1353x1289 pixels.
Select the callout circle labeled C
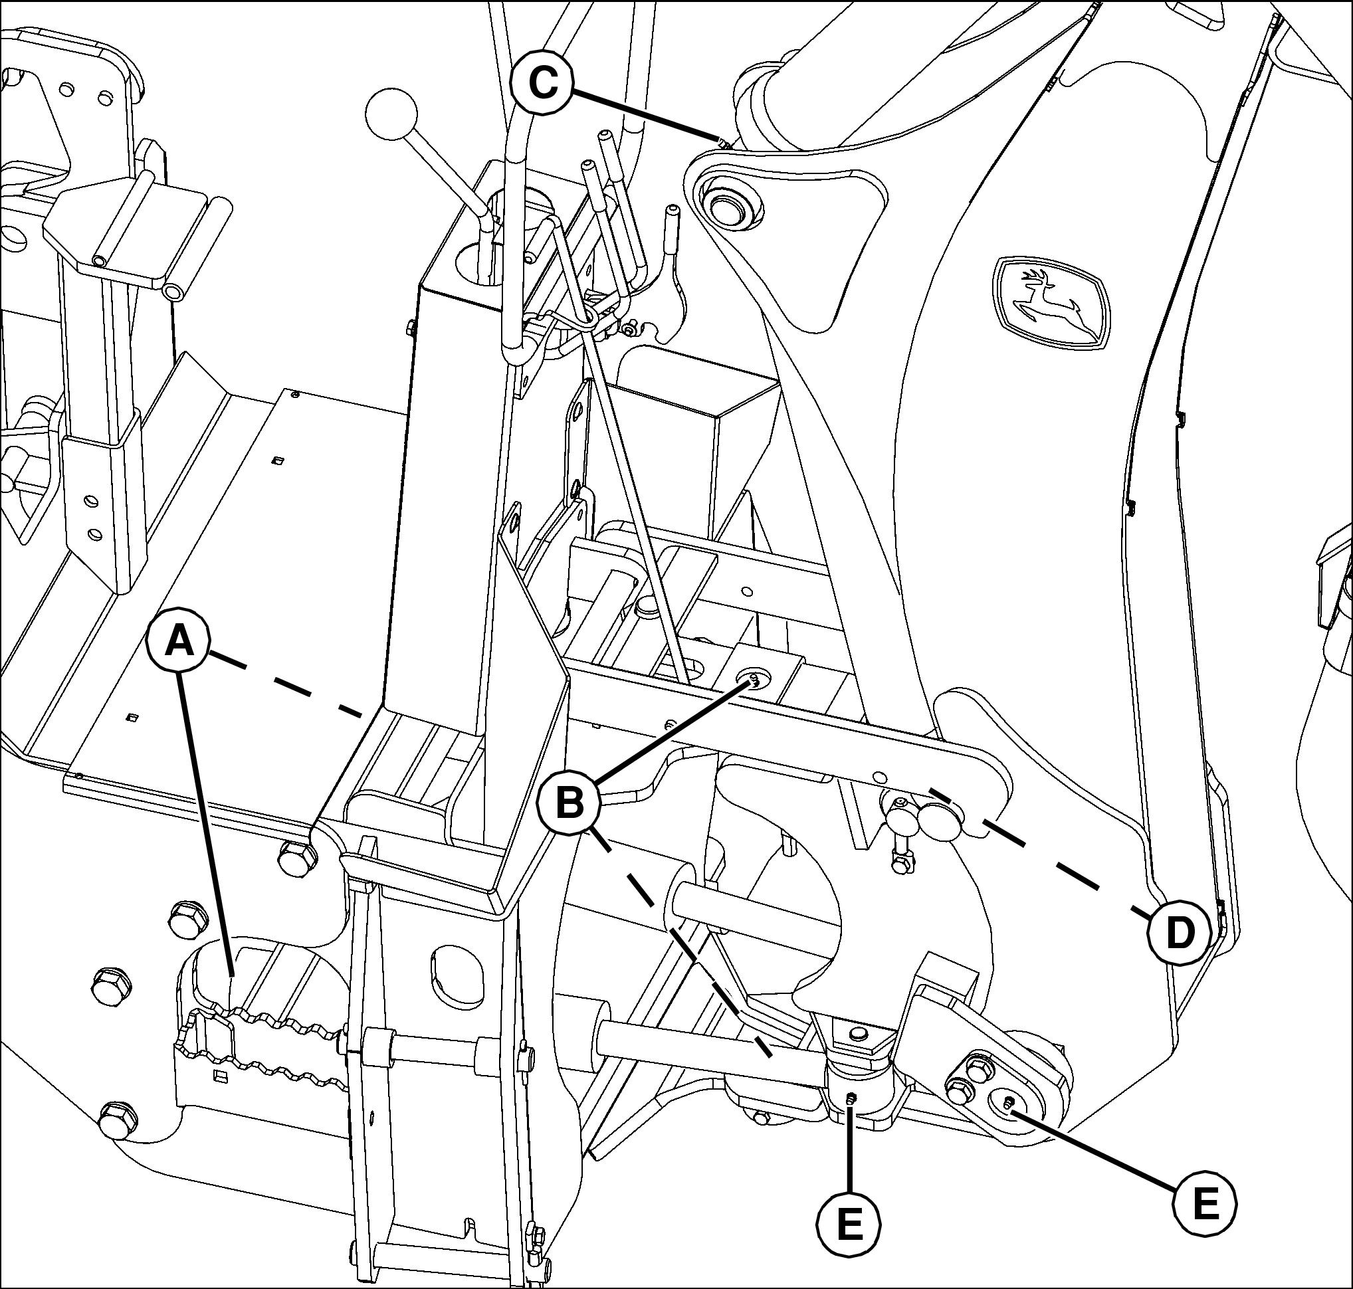click(543, 85)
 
